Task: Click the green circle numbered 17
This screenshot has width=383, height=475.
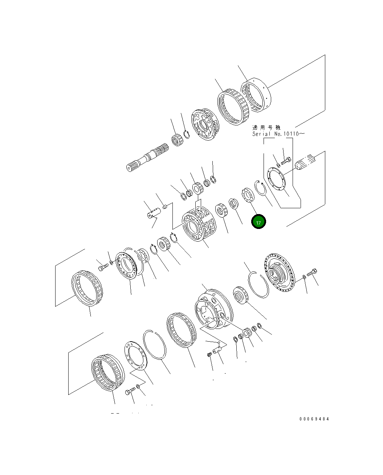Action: (259, 222)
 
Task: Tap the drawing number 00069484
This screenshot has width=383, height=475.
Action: (314, 419)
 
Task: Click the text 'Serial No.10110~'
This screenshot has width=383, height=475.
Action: (278, 134)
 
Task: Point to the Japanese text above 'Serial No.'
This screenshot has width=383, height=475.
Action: (266, 128)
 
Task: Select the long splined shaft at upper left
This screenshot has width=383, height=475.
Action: (148, 157)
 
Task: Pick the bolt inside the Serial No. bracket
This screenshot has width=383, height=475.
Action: (286, 160)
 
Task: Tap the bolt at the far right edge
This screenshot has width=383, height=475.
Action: (313, 272)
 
